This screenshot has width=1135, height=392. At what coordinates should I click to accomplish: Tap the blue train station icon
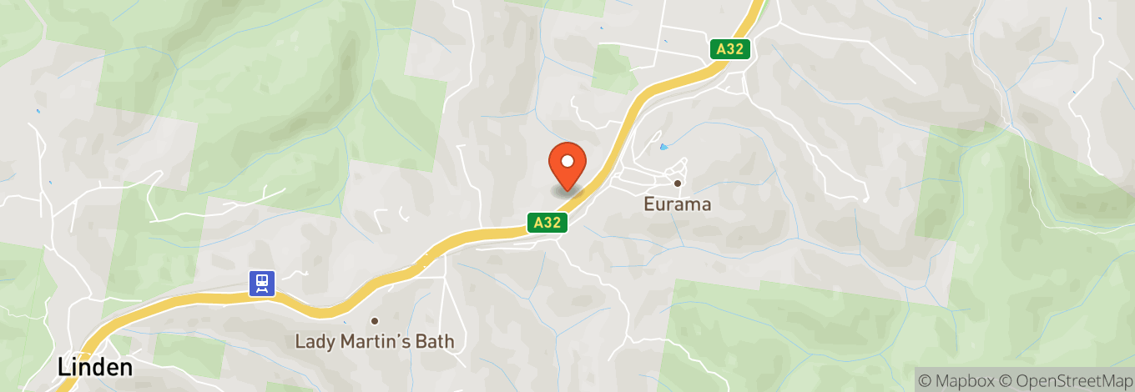point(262,283)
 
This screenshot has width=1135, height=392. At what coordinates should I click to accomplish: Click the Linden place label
point(95,367)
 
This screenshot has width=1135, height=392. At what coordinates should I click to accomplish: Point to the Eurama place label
point(678,204)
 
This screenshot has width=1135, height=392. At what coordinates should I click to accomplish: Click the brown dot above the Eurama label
point(678,183)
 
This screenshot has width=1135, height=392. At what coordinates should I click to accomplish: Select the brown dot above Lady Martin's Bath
point(375,321)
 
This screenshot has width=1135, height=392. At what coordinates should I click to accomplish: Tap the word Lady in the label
point(315,342)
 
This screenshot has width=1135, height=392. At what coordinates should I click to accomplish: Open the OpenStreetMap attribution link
point(1069,380)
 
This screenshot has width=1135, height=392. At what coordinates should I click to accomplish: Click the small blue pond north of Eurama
point(663,148)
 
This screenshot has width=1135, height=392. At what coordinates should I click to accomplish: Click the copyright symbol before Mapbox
point(926,380)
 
